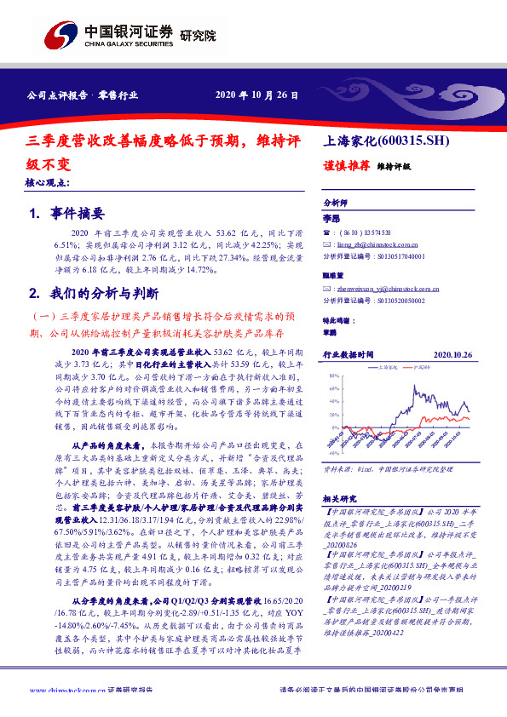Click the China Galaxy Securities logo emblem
[x=60, y=37]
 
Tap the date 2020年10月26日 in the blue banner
[x=256, y=95]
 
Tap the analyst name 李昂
[x=331, y=219]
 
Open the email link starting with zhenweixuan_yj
[x=383, y=289]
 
